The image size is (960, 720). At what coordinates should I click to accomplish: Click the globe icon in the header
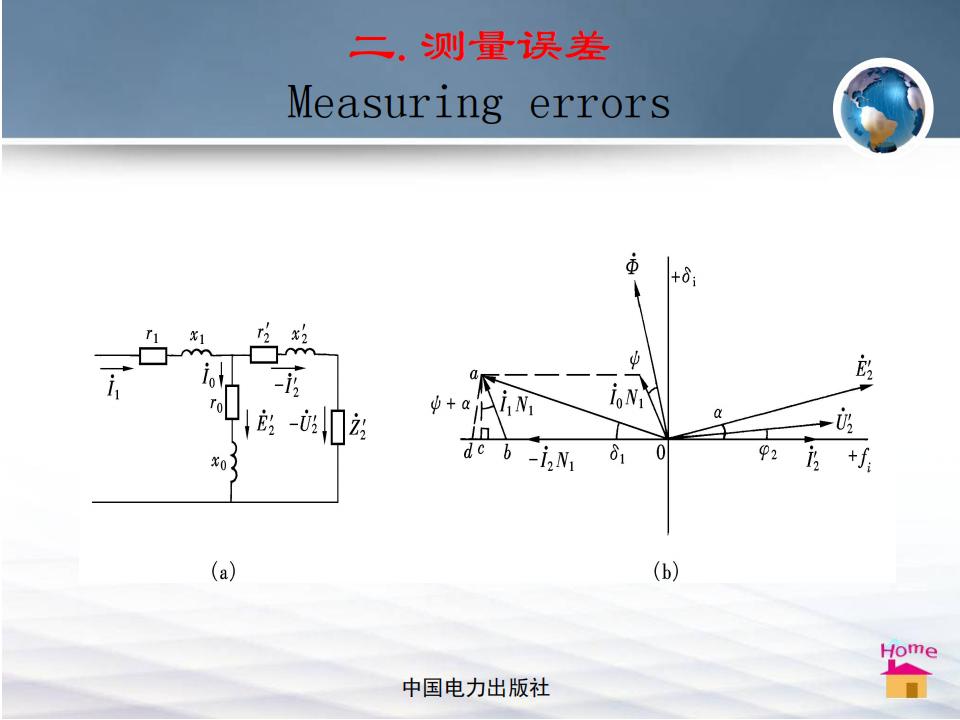pos(883,108)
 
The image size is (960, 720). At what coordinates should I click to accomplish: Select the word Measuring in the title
pos(395,103)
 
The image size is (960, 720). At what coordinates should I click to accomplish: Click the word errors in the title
pos(599,104)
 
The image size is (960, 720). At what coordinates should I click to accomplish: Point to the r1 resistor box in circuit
pos(153,356)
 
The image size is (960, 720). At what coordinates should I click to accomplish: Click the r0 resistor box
pos(231,402)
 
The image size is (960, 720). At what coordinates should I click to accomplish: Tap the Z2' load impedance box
pos(337,427)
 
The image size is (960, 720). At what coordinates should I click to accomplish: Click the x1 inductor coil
pos(197,352)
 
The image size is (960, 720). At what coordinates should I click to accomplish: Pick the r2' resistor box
pos(263,354)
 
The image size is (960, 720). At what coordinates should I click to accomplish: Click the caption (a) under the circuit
pos(223,571)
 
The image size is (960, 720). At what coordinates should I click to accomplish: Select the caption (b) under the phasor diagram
pos(666,571)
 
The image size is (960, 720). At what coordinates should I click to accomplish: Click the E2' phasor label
pos(864,367)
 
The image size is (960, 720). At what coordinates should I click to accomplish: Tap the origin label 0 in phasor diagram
pos(660,452)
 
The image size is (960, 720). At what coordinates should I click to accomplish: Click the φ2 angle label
pos(768,452)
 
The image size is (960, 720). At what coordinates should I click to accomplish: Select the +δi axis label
pos(683,277)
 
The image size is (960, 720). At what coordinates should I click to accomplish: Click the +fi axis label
pos(860,458)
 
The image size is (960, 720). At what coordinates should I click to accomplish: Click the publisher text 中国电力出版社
pos(476,688)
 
